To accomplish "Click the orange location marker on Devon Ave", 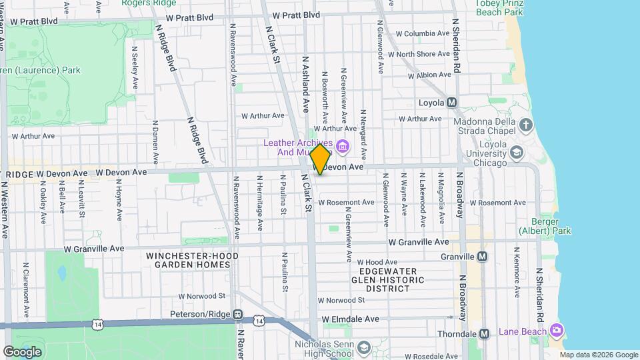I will (x=321, y=159).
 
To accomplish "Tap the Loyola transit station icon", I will (x=451, y=103).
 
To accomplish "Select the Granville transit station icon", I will (x=482, y=257).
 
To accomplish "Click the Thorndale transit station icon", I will (x=485, y=333).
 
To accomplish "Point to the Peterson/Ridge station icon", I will (x=237, y=314).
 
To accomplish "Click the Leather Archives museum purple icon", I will (x=343, y=146).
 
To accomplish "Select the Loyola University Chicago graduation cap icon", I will (x=516, y=153).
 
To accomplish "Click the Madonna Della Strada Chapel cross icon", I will (x=526, y=125).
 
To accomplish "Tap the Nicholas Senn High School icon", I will (x=364, y=348).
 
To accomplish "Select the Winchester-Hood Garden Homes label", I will (x=189, y=260).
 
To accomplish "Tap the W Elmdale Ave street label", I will (x=350, y=319).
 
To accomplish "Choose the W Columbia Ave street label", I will (x=423, y=33).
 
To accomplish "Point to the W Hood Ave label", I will (x=377, y=263).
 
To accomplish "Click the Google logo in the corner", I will (x=22, y=352).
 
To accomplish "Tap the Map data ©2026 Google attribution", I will (x=599, y=355).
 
